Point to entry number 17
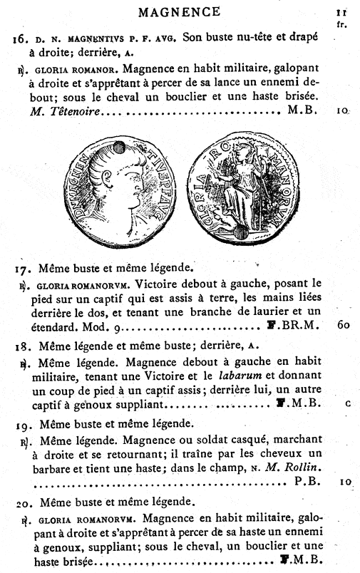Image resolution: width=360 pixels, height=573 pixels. [21, 269]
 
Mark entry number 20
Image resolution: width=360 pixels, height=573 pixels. [22, 501]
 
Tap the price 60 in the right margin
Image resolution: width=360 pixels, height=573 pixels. [342, 325]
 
